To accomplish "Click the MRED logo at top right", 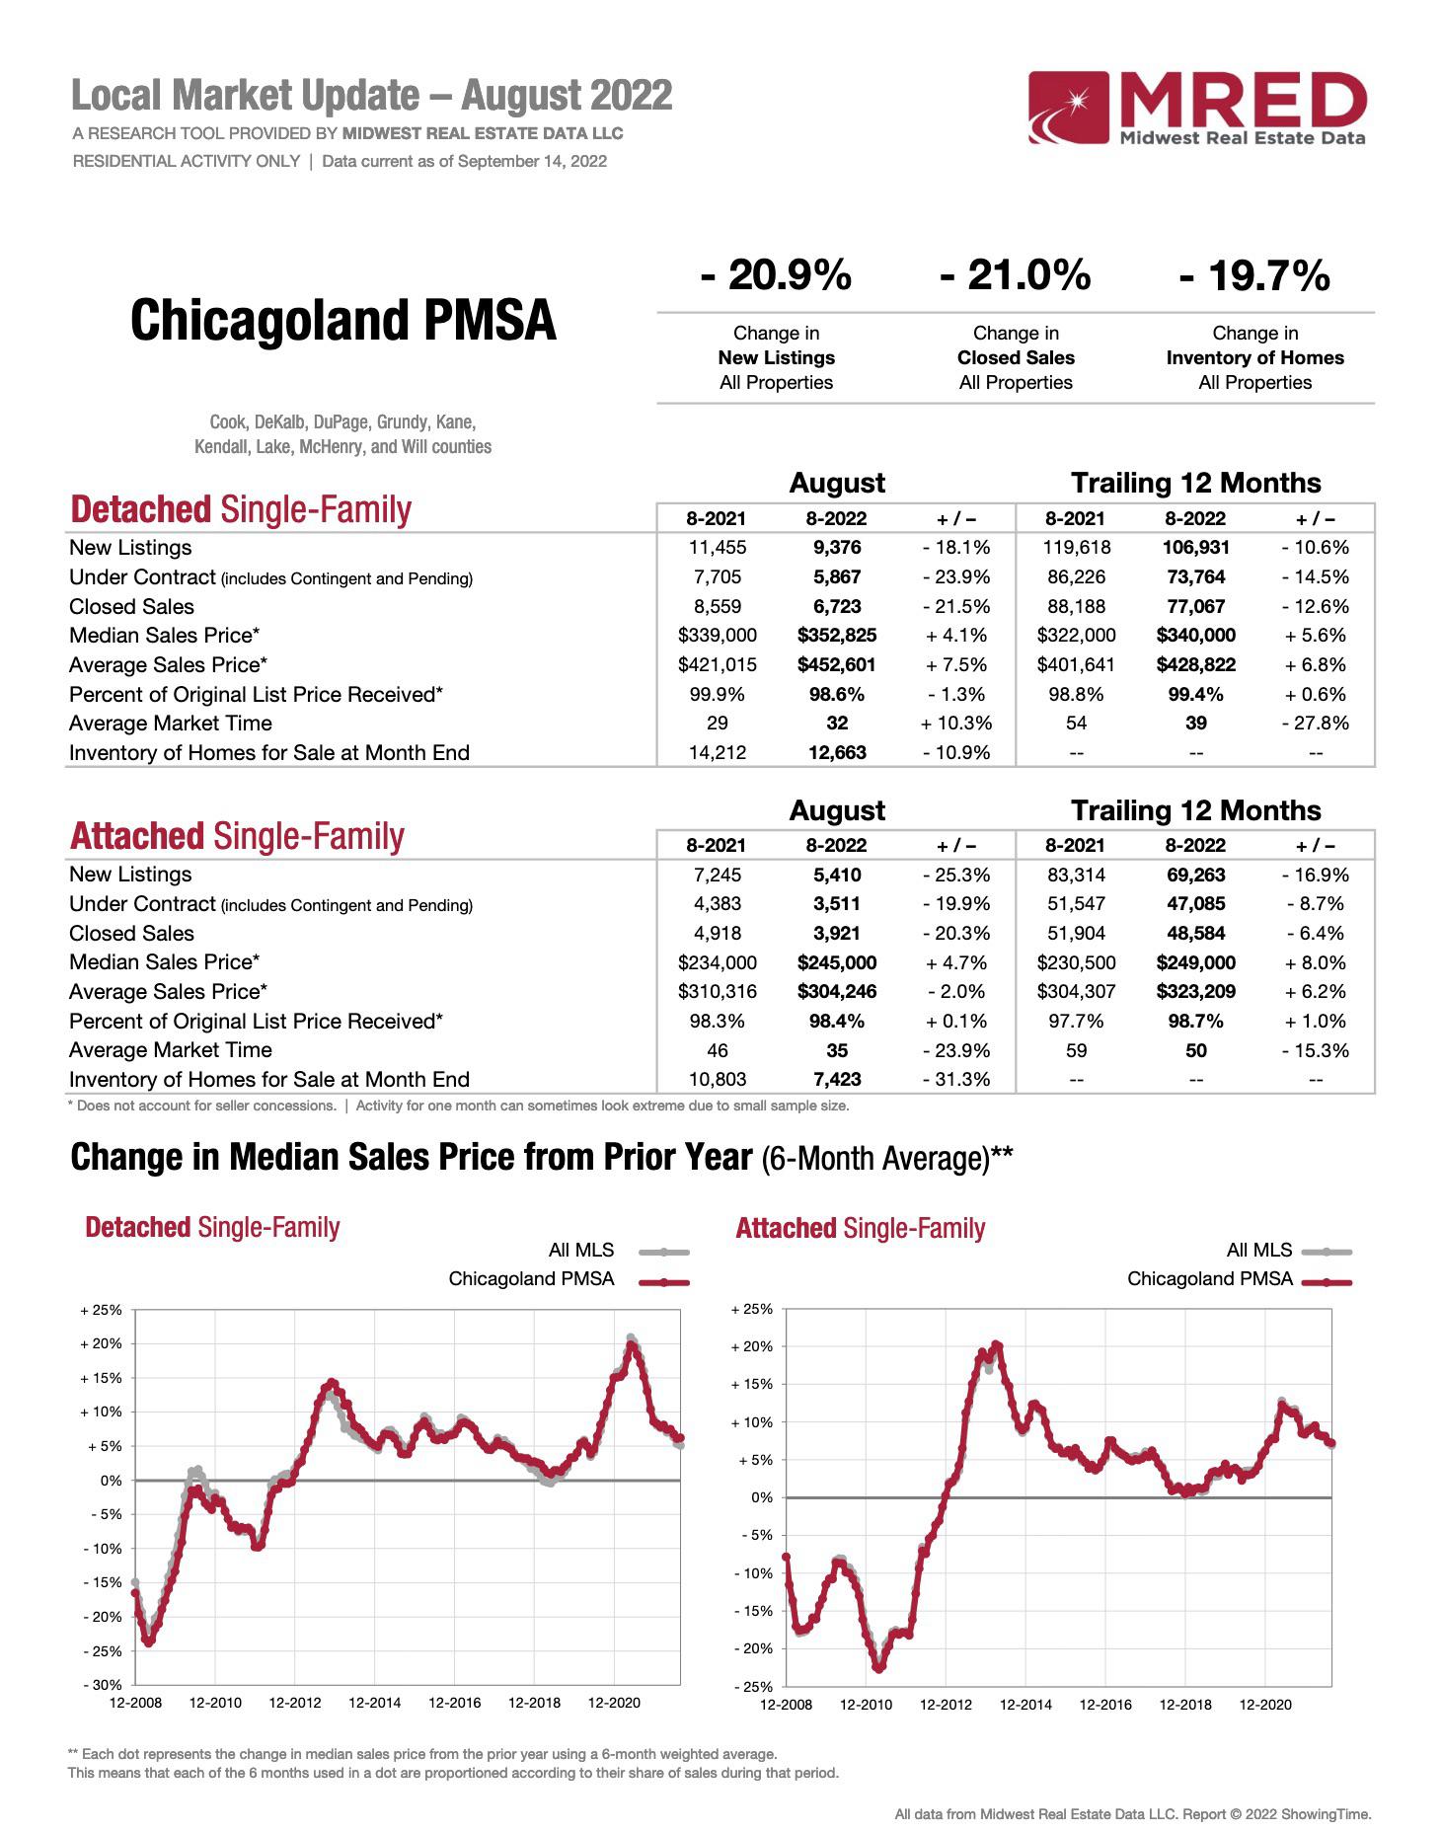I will point(1197,110).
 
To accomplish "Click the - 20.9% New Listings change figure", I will point(776,275).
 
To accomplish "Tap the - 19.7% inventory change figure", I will point(1254,276).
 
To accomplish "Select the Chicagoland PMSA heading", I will point(342,321).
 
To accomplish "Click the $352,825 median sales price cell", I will point(836,636).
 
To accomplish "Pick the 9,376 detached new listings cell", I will point(836,548).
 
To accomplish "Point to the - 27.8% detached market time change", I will point(1315,724).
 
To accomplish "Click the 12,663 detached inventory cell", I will point(836,753).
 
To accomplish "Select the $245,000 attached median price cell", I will point(836,962).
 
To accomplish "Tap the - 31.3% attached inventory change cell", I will point(955,1080).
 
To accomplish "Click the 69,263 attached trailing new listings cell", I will point(1195,875).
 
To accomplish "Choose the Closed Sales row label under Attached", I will point(131,934).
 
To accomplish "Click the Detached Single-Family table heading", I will point(240,510).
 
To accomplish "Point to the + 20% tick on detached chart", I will point(101,1343).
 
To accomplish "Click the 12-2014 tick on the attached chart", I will point(1025,1705).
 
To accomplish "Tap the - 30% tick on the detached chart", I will point(101,1685).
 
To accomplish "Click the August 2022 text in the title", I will point(567,96).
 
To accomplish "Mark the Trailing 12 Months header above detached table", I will point(1195,483).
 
